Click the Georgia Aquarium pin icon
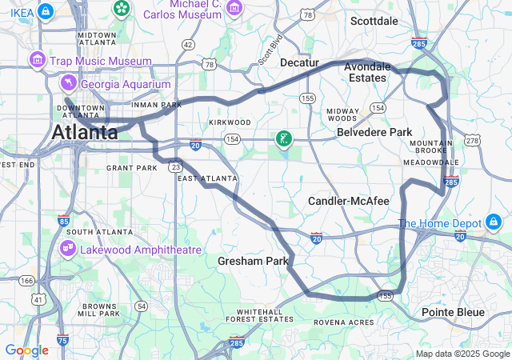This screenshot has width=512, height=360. (x=70, y=84)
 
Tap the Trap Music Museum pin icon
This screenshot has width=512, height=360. (x=37, y=61)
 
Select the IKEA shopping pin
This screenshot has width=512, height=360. (x=46, y=11)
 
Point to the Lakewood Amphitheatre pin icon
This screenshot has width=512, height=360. (x=67, y=250)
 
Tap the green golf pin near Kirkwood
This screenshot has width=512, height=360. (x=283, y=140)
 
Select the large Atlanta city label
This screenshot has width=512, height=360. (x=85, y=133)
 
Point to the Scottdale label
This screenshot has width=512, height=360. (x=374, y=21)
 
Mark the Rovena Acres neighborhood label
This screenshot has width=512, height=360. (x=344, y=322)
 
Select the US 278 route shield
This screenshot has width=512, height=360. (x=472, y=141)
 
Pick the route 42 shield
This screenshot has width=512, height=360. (x=188, y=45)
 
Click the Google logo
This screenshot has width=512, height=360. (x=26, y=350)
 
